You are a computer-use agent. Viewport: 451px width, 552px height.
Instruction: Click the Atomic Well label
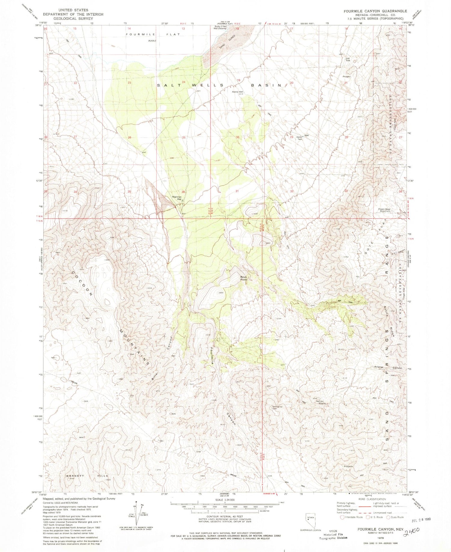pyautogui.click(x=237, y=92)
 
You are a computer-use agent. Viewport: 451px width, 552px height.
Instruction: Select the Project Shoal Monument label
pyautogui.click(x=385, y=210)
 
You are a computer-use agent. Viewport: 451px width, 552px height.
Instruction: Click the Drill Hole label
pyautogui.click(x=348, y=59)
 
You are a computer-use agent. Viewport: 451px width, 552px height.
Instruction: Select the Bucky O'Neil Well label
pyautogui.click(x=220, y=27)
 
